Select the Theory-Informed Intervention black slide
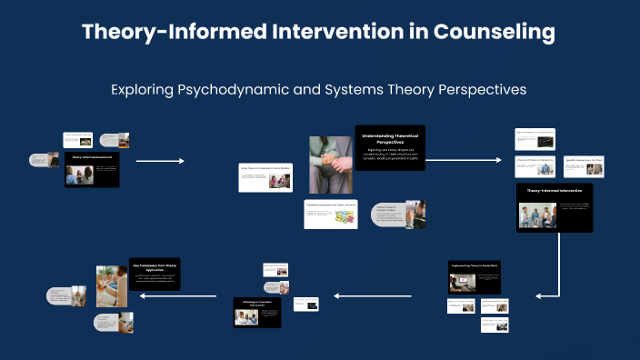tap(554, 207)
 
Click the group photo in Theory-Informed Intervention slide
tap(536, 215)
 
